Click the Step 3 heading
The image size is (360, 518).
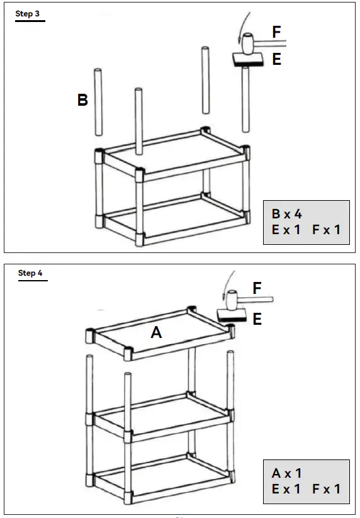pos(30,14)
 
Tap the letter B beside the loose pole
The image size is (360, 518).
pos(82,100)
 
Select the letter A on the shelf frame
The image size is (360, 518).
pos(156,333)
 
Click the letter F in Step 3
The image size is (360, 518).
pos(277,32)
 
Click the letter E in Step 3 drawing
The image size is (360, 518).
pos(276,60)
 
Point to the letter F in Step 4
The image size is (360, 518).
pos(257,288)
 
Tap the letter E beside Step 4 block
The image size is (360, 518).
pos(257,320)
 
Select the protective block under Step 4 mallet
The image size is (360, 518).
pos(231,315)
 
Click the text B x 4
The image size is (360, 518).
pos(287,214)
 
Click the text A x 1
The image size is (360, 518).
pos(286,473)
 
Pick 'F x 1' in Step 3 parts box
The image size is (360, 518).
pos(326,230)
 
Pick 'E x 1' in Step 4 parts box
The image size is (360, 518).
pos(286,489)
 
